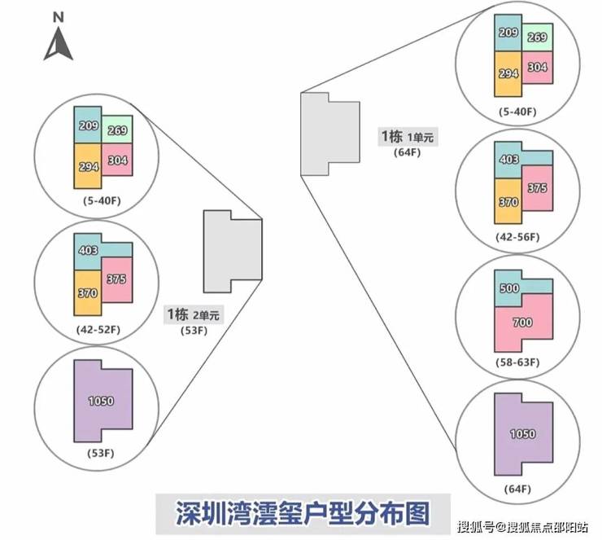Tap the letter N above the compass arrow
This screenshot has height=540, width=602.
pyautogui.click(x=58, y=15)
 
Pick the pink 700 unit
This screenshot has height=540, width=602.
pyautogui.click(x=523, y=323)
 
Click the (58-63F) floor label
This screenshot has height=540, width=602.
pyautogui.click(x=517, y=362)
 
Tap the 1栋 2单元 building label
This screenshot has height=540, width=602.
pyautogui.click(x=194, y=314)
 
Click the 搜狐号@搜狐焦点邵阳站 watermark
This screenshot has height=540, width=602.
pyautogui.click(x=525, y=526)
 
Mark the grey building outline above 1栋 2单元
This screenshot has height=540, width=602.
pyautogui.click(x=233, y=250)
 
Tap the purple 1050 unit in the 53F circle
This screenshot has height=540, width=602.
pyautogui.click(x=102, y=400)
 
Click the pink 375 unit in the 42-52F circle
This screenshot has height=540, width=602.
pyautogui.click(x=116, y=279)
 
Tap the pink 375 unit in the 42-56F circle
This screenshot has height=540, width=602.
pyautogui.click(x=536, y=187)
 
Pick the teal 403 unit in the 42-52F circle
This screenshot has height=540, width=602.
pyautogui.click(x=88, y=251)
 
